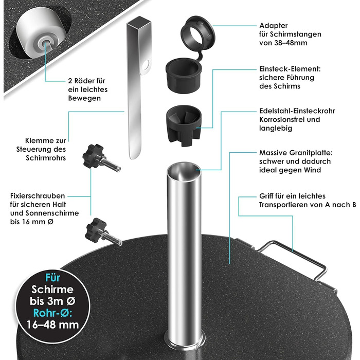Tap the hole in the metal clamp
[x=146, y=65]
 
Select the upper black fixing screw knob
[x=93, y=156]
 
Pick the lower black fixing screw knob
[x=96, y=229]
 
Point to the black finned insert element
[x=184, y=125]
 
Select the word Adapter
[x=274, y=26]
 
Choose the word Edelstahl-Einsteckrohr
[x=297, y=111]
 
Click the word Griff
[x=266, y=196]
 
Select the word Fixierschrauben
[x=38, y=196]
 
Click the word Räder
[x=82, y=81]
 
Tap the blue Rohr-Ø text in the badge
[x=52, y=313]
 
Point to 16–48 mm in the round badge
[x=53, y=325]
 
